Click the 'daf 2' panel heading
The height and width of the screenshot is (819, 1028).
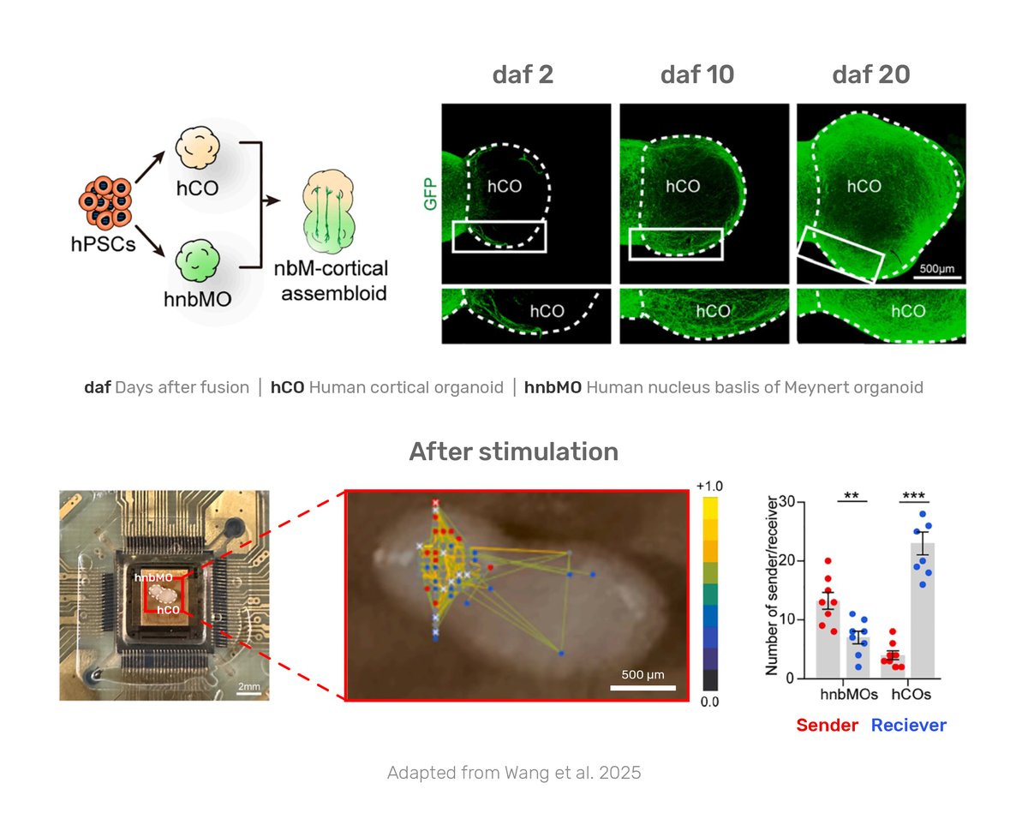coord(523,75)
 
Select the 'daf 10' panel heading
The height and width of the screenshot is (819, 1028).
coord(697,75)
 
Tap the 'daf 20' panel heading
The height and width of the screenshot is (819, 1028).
coord(871,75)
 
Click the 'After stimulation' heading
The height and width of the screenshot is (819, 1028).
coord(514,451)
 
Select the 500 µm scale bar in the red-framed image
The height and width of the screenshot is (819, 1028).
coord(642,685)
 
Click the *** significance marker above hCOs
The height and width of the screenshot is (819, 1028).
coord(914,495)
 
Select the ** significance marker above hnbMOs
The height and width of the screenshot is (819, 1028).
coord(852,495)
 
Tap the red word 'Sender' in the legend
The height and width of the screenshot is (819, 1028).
coord(827,726)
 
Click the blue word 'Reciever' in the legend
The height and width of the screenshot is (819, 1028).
coord(909,726)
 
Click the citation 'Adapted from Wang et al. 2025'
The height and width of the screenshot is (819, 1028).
coord(514,773)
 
